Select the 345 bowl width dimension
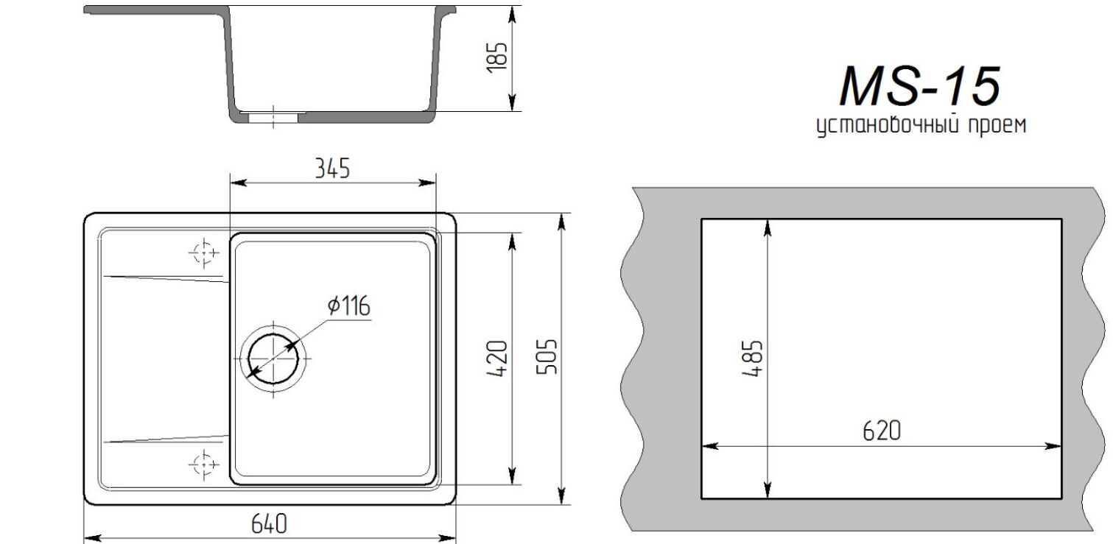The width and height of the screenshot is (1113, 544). tap(332, 169)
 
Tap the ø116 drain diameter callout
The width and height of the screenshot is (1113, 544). tap(349, 305)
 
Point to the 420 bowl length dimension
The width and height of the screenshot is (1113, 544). tap(497, 358)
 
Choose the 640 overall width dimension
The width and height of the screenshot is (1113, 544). tap(269, 524)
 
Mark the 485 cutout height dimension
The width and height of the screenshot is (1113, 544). tap(752, 358)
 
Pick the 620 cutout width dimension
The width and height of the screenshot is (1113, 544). tap(882, 431)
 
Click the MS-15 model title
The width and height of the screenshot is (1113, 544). tap(920, 86)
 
